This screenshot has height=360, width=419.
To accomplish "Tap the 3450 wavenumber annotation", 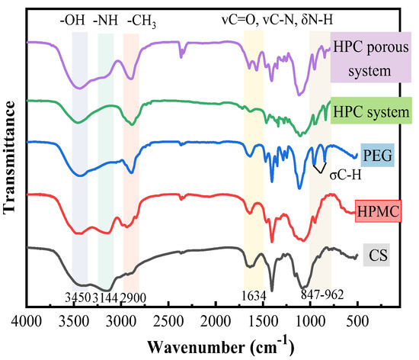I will (x=78, y=297).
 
